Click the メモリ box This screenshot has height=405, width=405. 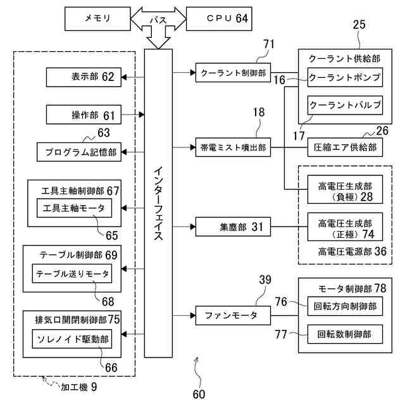(x=97, y=19)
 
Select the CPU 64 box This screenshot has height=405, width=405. (x=219, y=19)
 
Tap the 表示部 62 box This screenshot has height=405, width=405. (x=84, y=77)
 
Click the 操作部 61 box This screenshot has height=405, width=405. (x=84, y=115)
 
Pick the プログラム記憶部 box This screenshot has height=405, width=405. (x=79, y=152)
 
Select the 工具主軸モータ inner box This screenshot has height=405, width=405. (x=75, y=208)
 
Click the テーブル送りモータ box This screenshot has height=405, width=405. (x=72, y=273)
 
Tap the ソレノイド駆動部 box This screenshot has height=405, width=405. (x=72, y=339)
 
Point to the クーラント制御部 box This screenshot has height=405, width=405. (x=233, y=73)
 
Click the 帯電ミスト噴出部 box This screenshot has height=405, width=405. (x=233, y=147)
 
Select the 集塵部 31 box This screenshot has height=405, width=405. (x=233, y=227)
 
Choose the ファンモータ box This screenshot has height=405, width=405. (x=233, y=315)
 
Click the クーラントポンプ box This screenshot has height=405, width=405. (x=345, y=77)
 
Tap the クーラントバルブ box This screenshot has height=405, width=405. (x=345, y=105)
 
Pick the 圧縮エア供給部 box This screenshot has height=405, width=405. (x=345, y=147)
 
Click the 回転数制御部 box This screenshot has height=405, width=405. (x=345, y=334)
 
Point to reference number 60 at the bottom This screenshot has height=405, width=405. (x=199, y=394)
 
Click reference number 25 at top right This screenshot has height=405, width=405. (x=359, y=25)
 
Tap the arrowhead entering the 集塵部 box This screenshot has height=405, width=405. (x=193, y=227)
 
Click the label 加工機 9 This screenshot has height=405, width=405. (x=78, y=387)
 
